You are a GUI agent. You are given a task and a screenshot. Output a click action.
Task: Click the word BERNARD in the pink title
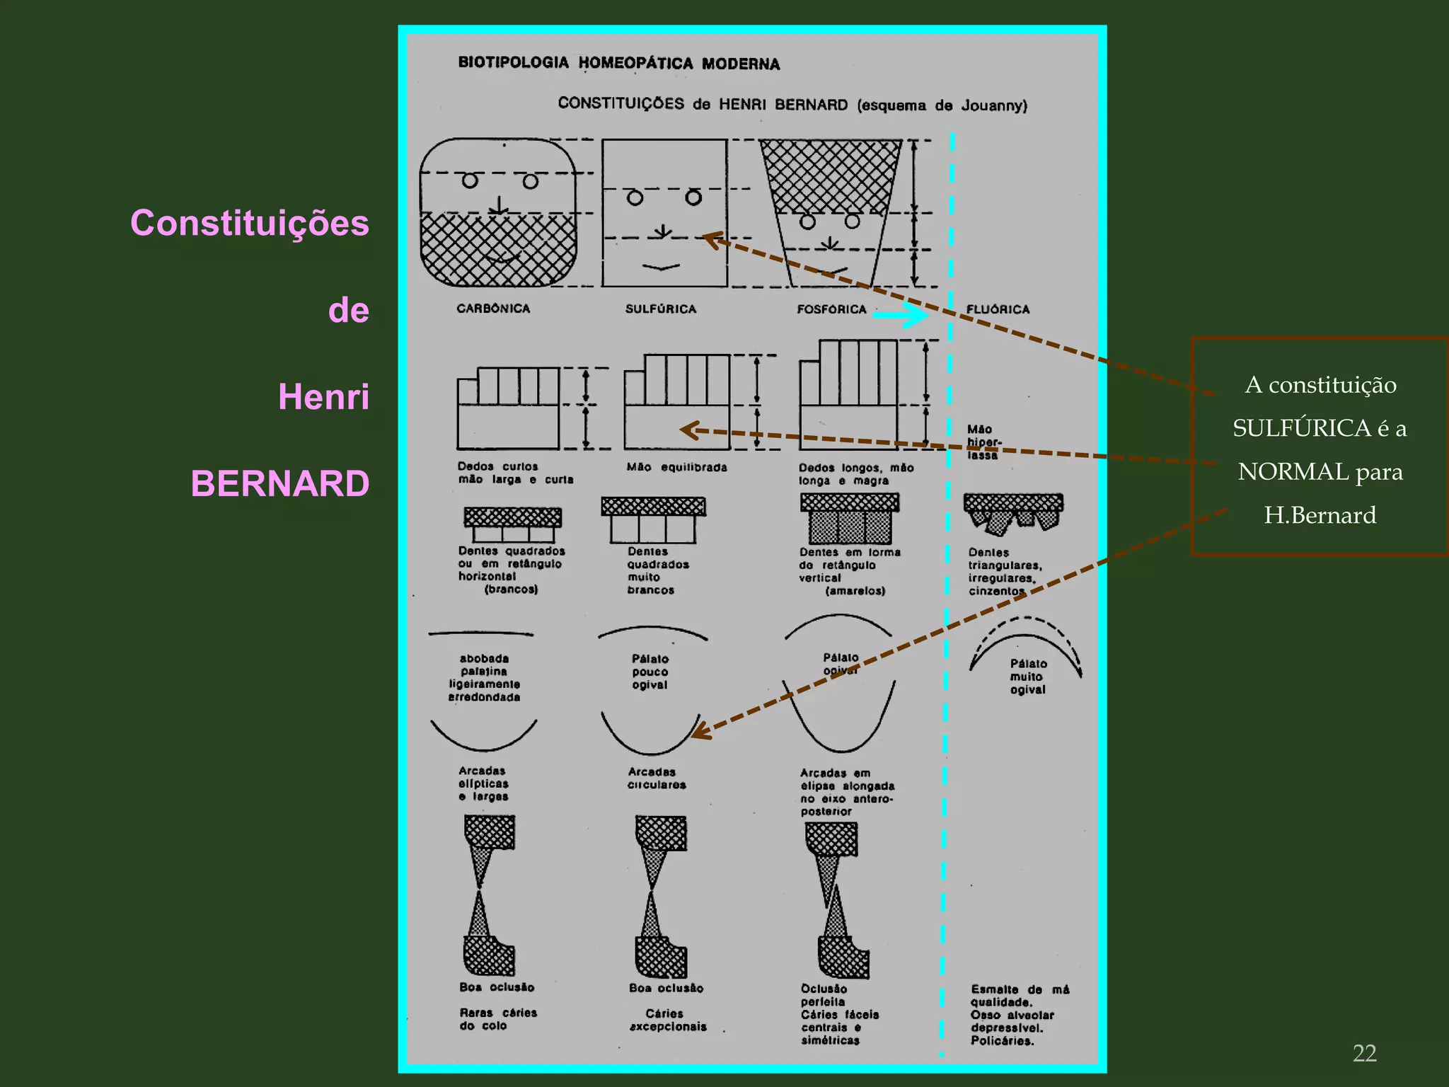click(280, 484)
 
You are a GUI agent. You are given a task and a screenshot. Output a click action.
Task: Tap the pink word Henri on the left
click(323, 397)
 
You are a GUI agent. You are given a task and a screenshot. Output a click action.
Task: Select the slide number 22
click(1364, 1053)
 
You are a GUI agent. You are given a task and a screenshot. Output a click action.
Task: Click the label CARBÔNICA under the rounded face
click(493, 309)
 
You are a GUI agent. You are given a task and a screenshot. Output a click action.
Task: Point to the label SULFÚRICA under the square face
click(661, 309)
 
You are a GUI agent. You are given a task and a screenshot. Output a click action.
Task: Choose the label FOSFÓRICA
click(831, 310)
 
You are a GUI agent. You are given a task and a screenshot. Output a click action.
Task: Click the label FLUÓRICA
click(998, 310)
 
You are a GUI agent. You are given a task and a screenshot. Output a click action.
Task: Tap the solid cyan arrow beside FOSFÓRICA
click(900, 315)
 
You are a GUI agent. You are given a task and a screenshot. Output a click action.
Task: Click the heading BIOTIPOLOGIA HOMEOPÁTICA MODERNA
click(619, 63)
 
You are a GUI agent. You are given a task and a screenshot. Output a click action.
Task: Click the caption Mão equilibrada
click(676, 467)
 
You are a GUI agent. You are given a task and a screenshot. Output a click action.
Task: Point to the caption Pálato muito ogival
click(1028, 677)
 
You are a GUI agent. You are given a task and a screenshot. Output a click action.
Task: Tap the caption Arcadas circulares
click(656, 778)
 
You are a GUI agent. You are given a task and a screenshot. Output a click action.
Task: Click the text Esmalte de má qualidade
click(1020, 996)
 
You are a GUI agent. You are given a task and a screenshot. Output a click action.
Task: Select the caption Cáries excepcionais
click(667, 1020)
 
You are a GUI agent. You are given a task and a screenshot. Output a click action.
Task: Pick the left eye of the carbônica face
click(470, 181)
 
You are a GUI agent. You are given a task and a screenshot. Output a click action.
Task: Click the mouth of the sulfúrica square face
click(662, 268)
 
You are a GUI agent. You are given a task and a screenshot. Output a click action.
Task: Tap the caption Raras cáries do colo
click(497, 1019)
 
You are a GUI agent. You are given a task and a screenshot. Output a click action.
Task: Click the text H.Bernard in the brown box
click(1320, 515)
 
